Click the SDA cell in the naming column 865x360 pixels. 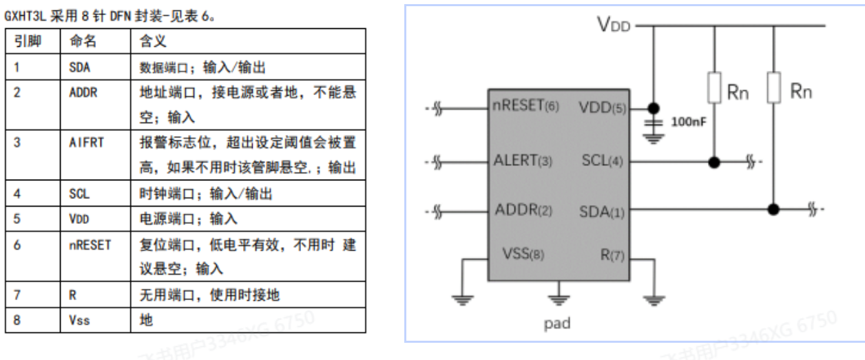click(80, 67)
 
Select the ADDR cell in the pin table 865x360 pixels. click(83, 93)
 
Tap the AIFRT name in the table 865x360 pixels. click(85, 143)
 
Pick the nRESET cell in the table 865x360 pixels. click(90, 244)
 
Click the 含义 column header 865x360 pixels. click(152, 41)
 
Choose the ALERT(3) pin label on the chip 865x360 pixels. click(523, 161)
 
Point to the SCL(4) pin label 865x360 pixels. click(603, 162)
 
